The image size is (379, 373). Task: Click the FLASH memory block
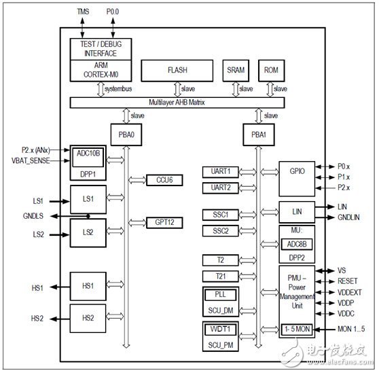coord(177,69)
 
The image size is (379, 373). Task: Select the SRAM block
coord(236,69)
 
